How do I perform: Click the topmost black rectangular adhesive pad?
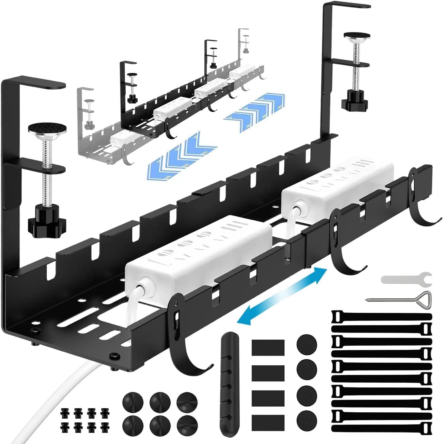(x=268, y=347)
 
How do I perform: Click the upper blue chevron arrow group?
(x=254, y=108)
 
